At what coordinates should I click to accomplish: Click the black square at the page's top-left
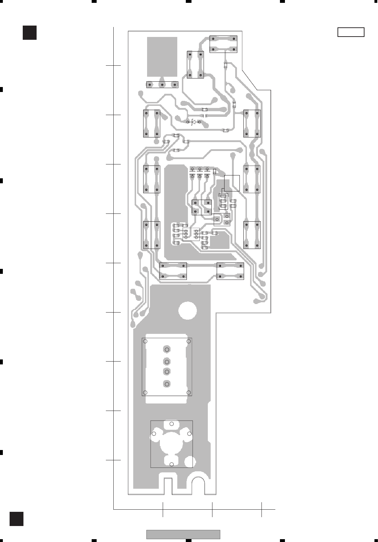coord(29,32)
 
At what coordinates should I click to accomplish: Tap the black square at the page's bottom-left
coord(16,519)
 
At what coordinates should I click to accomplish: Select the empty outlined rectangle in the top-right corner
coord(351,32)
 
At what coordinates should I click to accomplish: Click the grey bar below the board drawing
coord(183,534)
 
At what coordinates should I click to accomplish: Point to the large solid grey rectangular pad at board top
coord(162,56)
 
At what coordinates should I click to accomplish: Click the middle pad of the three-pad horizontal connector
coord(162,85)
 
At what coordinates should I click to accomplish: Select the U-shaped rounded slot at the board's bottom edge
coord(199,485)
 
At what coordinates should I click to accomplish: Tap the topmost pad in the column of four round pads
coord(167,349)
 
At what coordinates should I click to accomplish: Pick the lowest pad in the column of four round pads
coord(167,384)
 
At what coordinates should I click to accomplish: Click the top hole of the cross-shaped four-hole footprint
coord(172,423)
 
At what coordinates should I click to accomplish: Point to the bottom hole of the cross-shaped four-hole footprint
coord(172,464)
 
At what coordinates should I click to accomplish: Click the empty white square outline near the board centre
coord(232,183)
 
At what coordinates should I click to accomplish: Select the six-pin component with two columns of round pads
coord(191,234)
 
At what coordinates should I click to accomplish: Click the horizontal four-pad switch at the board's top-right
coord(223,44)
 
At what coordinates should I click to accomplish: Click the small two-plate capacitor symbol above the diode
coord(205,115)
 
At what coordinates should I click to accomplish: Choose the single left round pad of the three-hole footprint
coord(217,219)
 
